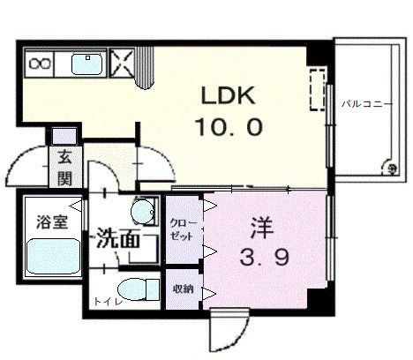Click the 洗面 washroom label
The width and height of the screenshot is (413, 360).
pyautogui.click(x=117, y=238)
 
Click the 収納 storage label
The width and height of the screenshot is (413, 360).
pyautogui.click(x=182, y=289)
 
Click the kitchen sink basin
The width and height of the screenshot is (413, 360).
pyautogui.click(x=87, y=64)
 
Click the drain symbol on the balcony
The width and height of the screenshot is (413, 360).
pyautogui.click(x=388, y=166)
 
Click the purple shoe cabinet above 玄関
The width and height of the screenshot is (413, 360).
pyautogui.click(x=64, y=137)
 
